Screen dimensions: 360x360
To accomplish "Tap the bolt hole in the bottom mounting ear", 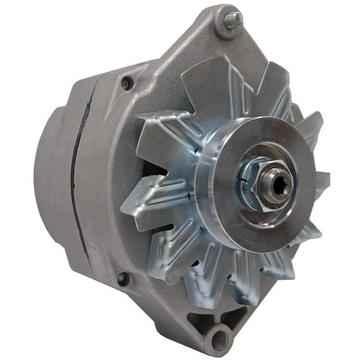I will [219, 340].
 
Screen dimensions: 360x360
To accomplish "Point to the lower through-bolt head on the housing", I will [121, 279].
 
